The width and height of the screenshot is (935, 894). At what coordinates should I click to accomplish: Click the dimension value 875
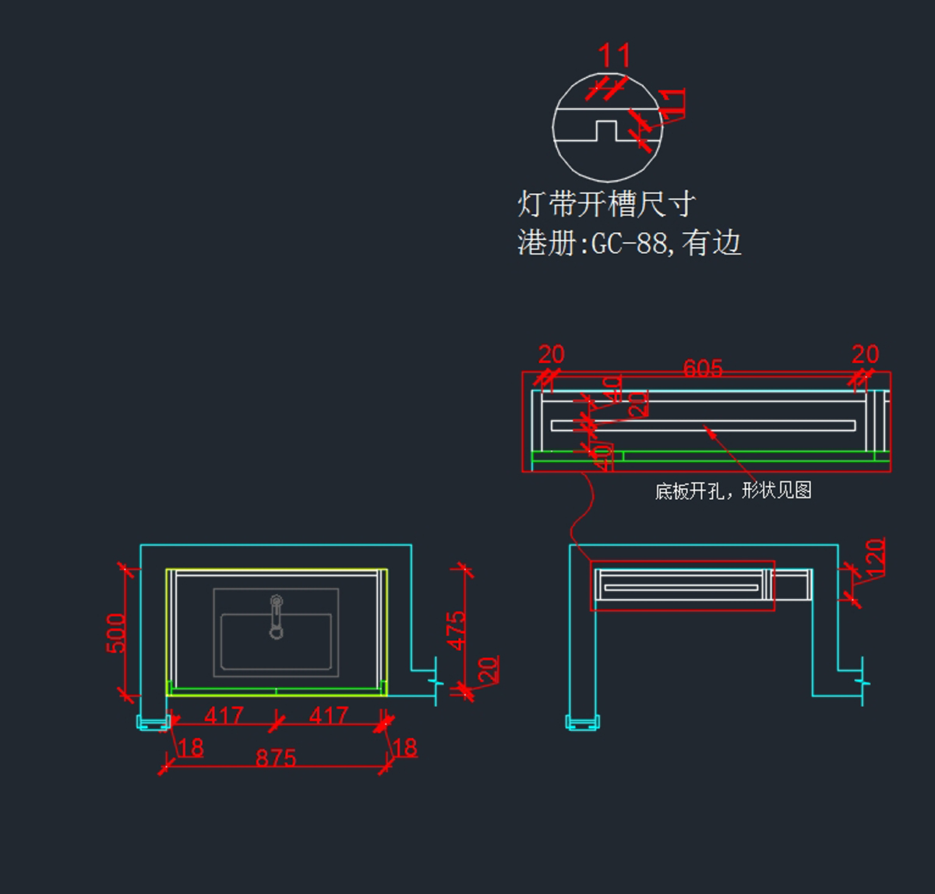(x=276, y=758)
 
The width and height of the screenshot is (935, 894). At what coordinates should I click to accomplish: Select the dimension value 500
(x=116, y=633)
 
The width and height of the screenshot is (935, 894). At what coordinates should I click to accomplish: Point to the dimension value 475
(x=457, y=630)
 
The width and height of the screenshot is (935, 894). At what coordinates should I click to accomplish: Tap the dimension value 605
(x=703, y=368)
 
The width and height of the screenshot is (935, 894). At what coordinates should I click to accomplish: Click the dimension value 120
(x=875, y=558)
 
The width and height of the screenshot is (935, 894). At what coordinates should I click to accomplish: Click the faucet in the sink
(x=276, y=616)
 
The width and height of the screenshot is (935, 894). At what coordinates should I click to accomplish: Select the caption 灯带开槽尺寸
(x=606, y=204)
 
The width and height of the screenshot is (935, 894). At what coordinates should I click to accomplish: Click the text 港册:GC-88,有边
(x=629, y=243)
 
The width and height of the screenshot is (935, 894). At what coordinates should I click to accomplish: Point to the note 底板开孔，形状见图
(x=733, y=491)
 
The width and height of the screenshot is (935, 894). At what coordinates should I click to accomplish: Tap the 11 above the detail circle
(x=614, y=56)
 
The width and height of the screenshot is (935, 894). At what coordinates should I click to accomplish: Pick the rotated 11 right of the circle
(x=672, y=103)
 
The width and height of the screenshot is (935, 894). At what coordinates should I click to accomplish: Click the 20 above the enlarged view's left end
(x=551, y=355)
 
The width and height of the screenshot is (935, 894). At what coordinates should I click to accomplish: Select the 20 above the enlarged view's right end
(x=865, y=355)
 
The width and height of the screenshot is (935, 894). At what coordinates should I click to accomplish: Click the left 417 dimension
(x=224, y=715)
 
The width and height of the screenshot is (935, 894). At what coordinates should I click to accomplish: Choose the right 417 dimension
(x=328, y=715)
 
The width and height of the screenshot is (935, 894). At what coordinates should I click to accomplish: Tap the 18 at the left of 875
(x=190, y=748)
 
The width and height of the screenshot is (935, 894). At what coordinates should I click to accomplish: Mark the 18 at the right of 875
(x=404, y=748)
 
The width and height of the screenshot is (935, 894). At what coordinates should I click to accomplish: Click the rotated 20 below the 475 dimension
(x=488, y=670)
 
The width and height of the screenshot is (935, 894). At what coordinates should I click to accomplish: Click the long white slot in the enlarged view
(x=703, y=425)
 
